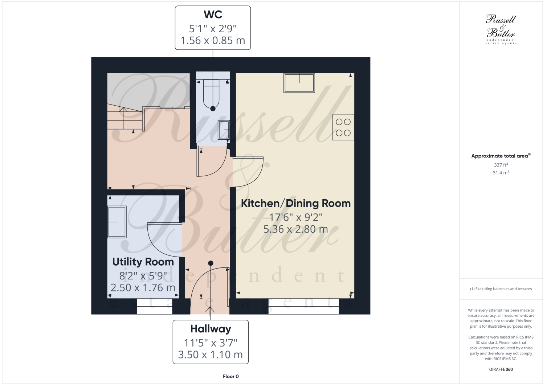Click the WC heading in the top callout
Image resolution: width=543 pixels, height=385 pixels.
pos(213,15)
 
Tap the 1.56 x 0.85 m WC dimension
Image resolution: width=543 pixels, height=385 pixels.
pos(213,40)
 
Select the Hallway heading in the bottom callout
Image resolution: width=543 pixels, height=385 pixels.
pos(211,329)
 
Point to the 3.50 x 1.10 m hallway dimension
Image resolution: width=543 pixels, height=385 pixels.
pos(211,355)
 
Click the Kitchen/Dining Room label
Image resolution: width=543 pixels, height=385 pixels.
pos(296,203)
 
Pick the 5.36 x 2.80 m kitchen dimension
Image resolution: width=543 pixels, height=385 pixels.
pos(296,229)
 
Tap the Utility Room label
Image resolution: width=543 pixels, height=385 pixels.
pos(143,262)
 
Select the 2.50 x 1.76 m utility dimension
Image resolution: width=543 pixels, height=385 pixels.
pos(143,288)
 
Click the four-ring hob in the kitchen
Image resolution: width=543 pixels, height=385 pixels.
pos(343,127)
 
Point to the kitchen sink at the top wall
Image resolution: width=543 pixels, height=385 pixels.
pos(299,83)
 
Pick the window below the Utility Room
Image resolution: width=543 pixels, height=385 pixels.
pos(154,307)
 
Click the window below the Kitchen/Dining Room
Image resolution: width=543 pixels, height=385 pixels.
pos(303,307)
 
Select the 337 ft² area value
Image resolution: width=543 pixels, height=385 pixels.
pos(501,165)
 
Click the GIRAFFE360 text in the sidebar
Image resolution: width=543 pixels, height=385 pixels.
pos(501,370)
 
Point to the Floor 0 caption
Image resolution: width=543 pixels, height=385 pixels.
pos(230,376)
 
